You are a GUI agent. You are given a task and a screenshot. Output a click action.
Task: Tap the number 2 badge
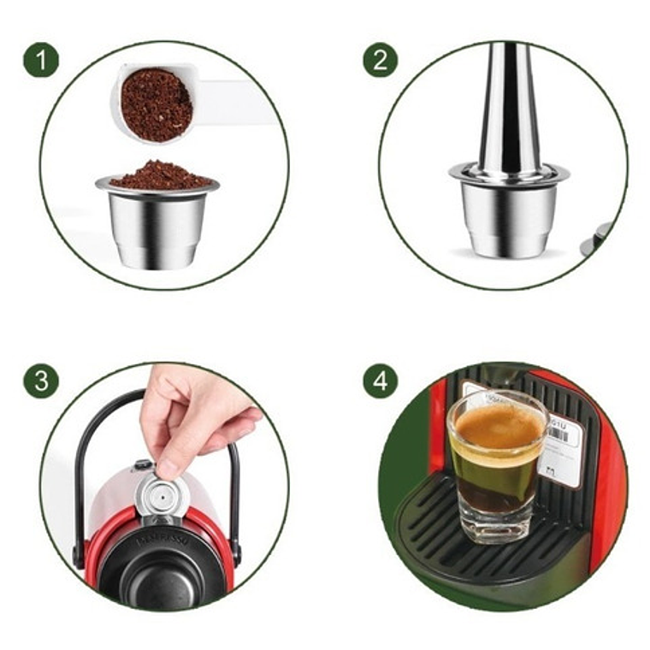(381, 61)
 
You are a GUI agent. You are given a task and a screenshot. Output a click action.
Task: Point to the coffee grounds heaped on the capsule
(159, 175)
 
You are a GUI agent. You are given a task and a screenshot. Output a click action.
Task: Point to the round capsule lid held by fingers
(159, 496)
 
